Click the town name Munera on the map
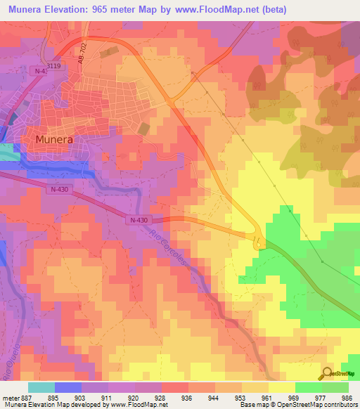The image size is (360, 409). click(x=54, y=139)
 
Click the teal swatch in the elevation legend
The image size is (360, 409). click(x=41, y=387)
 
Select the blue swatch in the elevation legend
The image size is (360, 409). click(x=68, y=387)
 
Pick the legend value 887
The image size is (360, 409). click(x=27, y=398)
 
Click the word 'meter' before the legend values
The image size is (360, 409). click(x=10, y=398)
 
